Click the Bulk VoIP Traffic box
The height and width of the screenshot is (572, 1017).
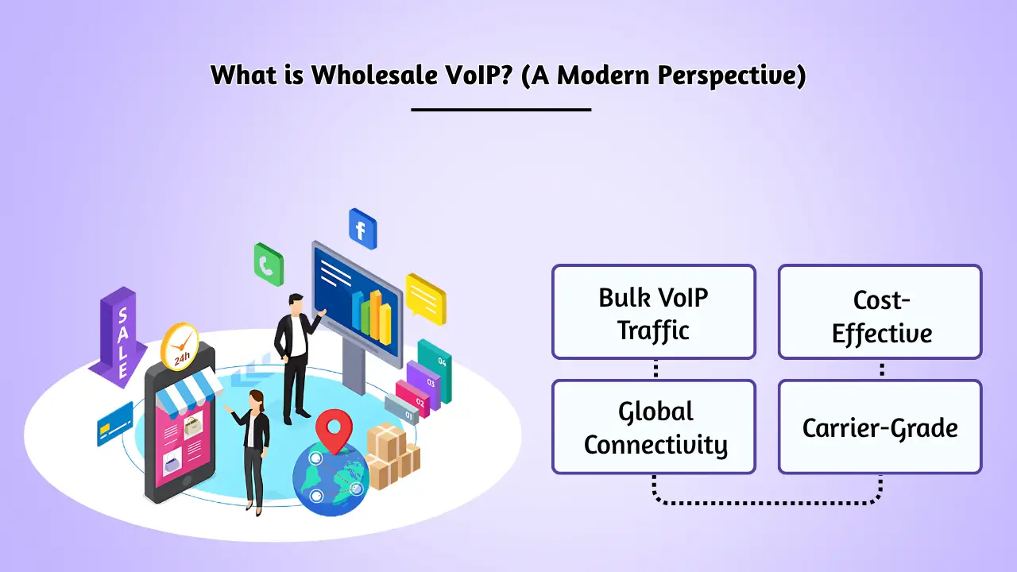(653, 311)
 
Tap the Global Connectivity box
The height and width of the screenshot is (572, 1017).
(653, 427)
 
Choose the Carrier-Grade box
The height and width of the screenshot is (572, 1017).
(880, 427)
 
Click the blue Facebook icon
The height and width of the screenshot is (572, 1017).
(362, 230)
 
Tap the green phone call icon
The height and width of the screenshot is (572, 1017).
(269, 264)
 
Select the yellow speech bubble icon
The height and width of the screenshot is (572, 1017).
(426, 298)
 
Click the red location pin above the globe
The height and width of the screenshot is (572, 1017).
(333, 430)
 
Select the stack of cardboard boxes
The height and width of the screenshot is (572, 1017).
(392, 456)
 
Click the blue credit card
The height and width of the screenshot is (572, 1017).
(114, 423)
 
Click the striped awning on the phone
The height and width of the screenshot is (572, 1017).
(189, 388)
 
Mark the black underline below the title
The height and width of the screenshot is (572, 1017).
(501, 109)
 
